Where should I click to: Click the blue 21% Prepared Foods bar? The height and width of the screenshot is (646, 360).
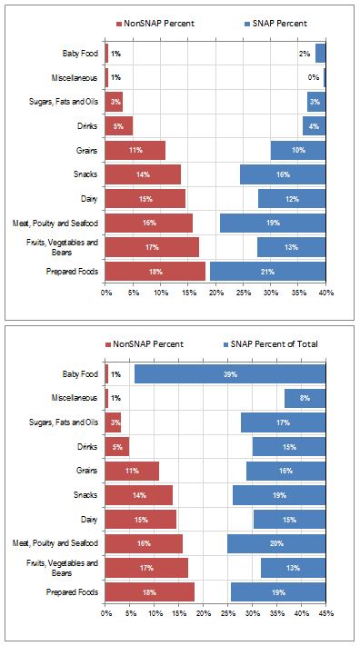(267, 272)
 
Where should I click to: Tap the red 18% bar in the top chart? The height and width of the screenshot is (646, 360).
(155, 272)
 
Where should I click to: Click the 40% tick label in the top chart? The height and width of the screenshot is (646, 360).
(325, 293)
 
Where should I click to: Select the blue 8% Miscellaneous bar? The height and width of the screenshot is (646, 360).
(305, 399)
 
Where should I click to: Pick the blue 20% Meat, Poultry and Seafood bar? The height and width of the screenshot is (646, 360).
(275, 544)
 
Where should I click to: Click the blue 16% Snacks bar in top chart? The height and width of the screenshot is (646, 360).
(282, 174)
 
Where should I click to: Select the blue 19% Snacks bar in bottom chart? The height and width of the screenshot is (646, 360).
(278, 495)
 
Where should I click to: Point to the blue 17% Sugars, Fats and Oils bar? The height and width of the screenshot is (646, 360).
(283, 423)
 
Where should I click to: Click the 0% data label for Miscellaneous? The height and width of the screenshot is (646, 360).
(314, 78)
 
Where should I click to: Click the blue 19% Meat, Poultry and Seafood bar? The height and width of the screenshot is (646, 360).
(272, 223)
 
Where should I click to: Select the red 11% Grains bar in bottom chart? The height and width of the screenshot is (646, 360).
(132, 472)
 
